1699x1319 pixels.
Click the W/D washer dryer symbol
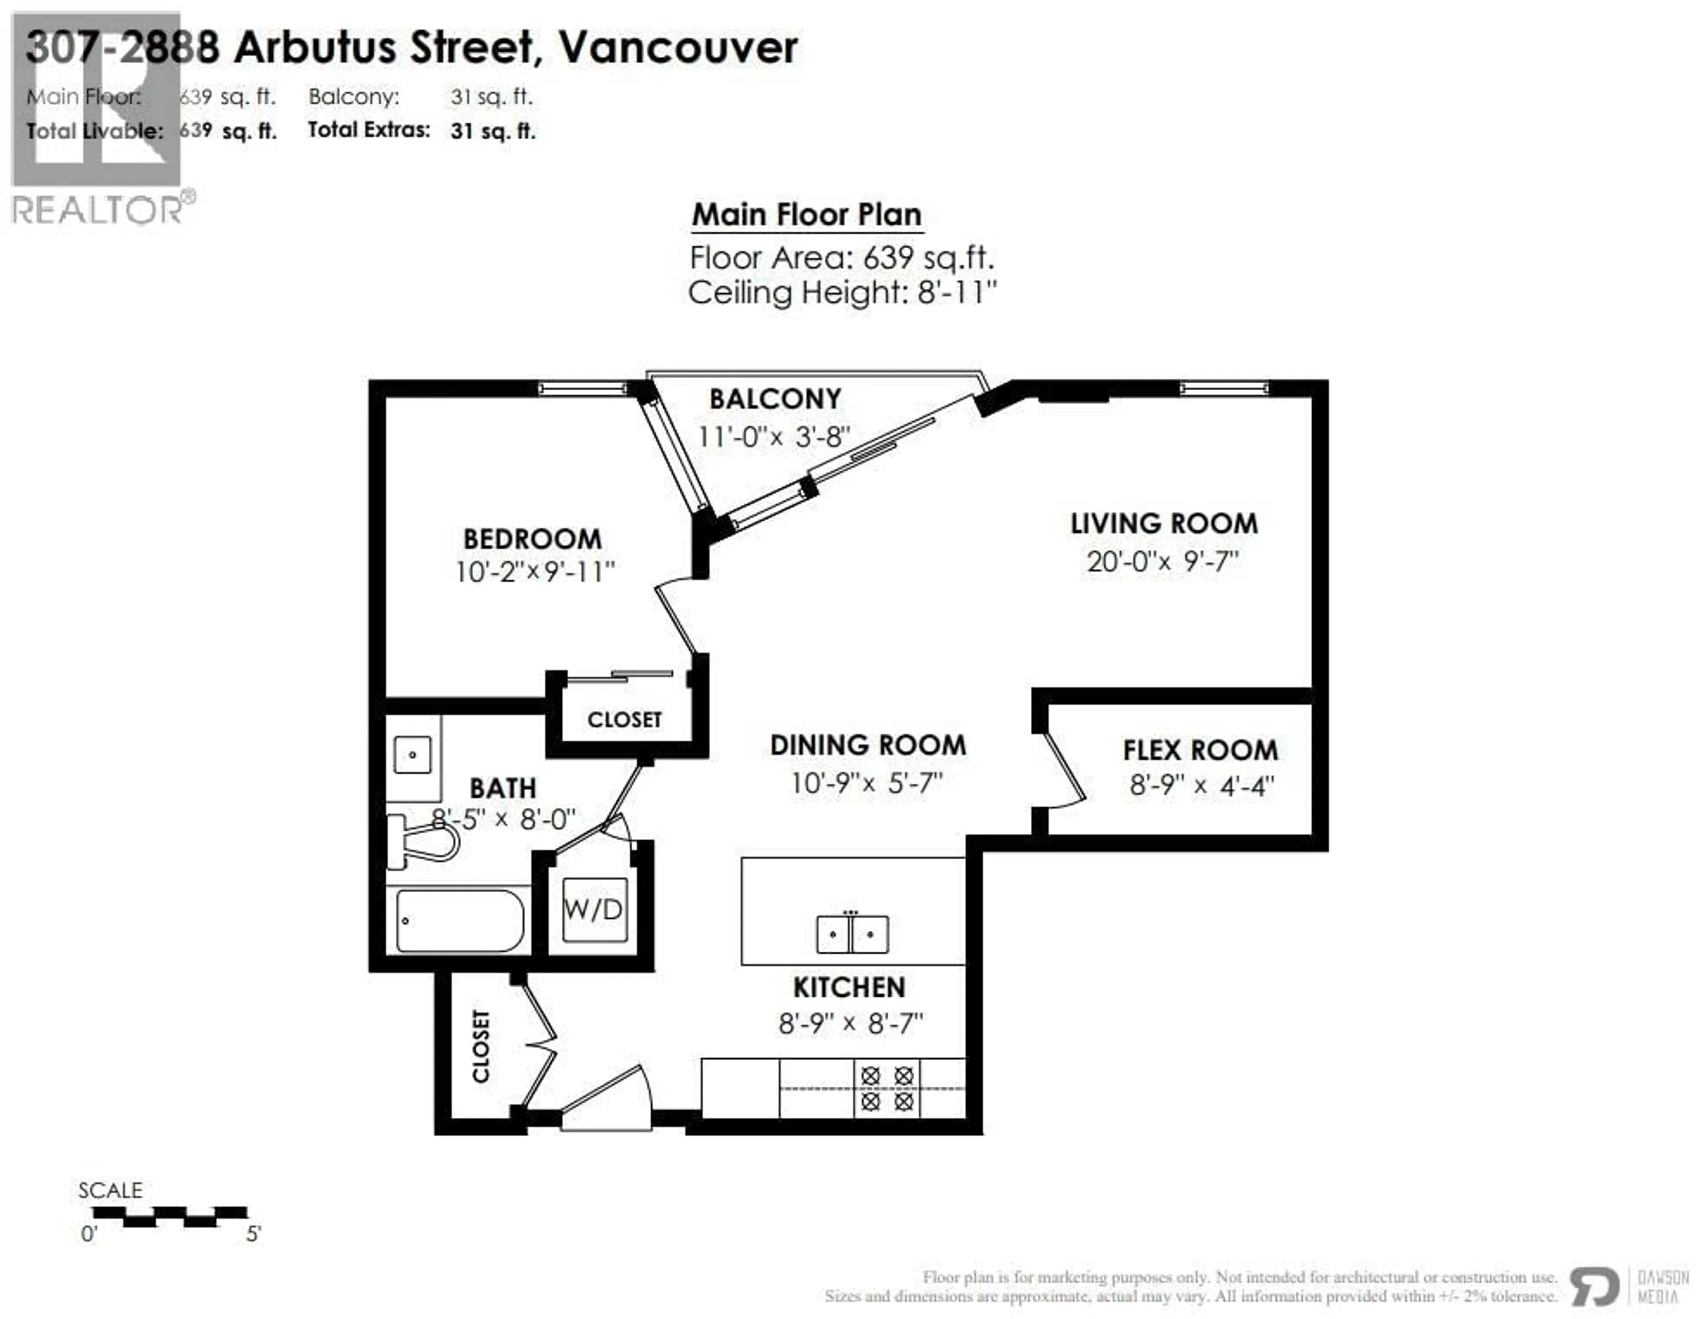click(x=594, y=909)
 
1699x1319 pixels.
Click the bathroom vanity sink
click(x=412, y=755)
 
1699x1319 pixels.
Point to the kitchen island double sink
click(x=852, y=934)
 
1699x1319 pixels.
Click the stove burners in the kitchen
click(x=887, y=1088)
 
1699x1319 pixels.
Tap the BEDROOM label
click(x=533, y=539)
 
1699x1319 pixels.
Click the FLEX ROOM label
click(x=1200, y=750)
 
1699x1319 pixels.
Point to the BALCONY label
click(x=775, y=399)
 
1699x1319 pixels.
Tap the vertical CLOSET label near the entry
click(x=481, y=1047)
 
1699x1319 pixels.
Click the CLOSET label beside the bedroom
click(x=625, y=720)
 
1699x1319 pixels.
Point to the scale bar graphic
click(x=169, y=1216)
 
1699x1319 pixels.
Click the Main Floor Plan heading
click(x=807, y=215)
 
